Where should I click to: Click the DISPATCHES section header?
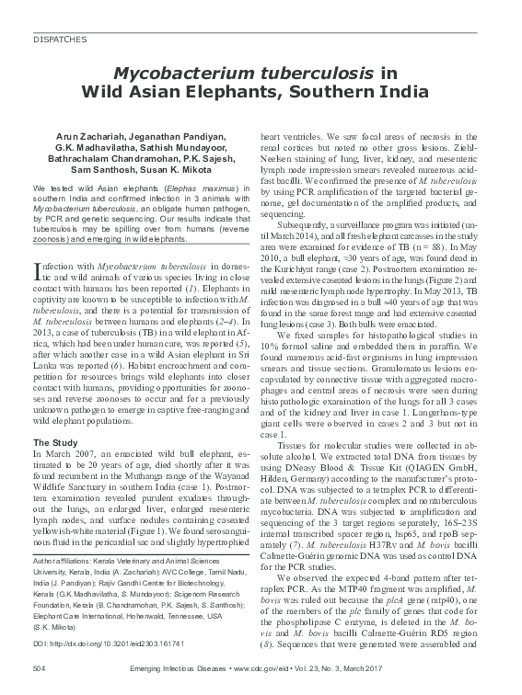[61, 40]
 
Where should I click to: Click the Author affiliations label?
[64, 560]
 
